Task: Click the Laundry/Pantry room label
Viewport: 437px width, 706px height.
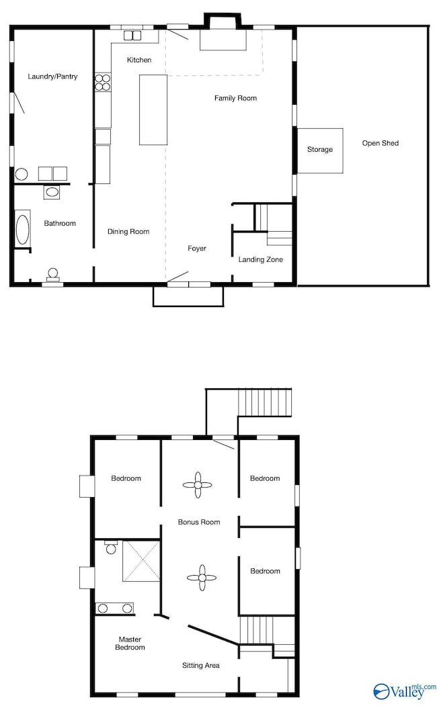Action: click(x=52, y=77)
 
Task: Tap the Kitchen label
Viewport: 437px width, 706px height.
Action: click(x=139, y=60)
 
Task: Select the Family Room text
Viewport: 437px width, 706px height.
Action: click(x=235, y=98)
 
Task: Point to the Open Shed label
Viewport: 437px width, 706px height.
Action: click(x=381, y=143)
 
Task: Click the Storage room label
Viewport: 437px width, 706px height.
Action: click(x=320, y=149)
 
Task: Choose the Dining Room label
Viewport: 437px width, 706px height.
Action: click(x=128, y=232)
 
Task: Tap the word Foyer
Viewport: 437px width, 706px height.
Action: click(x=197, y=249)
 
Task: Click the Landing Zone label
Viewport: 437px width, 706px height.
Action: click(x=261, y=259)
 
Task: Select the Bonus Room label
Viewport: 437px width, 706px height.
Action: click(x=199, y=522)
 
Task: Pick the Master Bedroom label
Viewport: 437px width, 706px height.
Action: click(x=131, y=644)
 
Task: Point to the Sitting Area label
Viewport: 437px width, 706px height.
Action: click(x=201, y=666)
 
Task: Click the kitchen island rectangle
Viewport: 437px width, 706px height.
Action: click(x=153, y=109)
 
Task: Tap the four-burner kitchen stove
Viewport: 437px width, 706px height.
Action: click(x=103, y=82)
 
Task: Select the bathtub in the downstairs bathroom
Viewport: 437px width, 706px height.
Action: click(x=22, y=228)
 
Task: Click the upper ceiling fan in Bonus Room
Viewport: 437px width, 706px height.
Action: click(x=198, y=484)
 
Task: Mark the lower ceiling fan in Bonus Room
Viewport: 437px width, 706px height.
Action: click(x=201, y=578)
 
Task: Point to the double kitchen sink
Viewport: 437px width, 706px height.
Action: click(x=132, y=35)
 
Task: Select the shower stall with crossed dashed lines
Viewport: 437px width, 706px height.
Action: click(x=141, y=561)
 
